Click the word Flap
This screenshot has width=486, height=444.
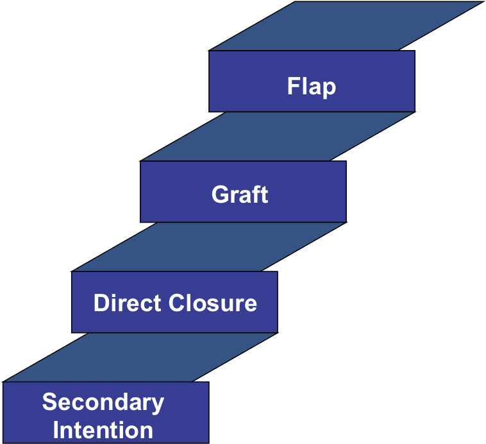[x=312, y=86]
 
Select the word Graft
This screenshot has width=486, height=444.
[x=240, y=194]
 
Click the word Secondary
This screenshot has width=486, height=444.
[x=103, y=402]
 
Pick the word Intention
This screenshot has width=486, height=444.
[x=103, y=429]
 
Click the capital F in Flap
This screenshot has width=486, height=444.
[x=294, y=86]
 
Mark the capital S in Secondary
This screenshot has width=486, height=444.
[x=49, y=402]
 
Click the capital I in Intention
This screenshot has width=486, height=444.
[x=56, y=429]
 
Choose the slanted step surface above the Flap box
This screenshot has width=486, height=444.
[x=346, y=26]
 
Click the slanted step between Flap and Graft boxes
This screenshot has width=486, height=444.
[x=277, y=136]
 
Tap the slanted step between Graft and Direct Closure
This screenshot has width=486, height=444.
[x=208, y=246]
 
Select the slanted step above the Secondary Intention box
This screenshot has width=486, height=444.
[x=139, y=357]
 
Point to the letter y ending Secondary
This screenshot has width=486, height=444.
[x=158, y=405]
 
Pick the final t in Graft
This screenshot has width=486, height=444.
[x=264, y=194]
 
